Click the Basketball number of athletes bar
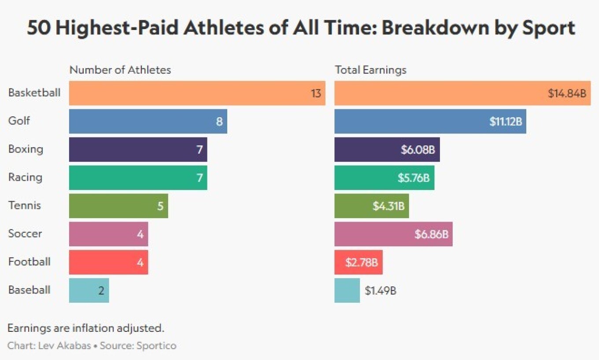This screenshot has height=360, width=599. pos(197,93)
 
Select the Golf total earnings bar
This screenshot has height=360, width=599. pos(430,121)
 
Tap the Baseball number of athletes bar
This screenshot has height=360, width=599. pos(89,290)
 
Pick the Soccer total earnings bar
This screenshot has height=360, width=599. pos(393,234)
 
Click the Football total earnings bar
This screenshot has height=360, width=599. pos(358,262)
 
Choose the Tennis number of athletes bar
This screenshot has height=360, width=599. pos(118,206)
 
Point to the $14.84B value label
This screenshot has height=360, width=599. pos(567,93)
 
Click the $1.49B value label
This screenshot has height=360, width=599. pos(381,291)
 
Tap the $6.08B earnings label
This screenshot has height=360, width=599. pos(418,150)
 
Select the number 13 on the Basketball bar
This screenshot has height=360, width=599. pos(316,93)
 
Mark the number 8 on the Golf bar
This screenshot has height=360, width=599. pos(219,122)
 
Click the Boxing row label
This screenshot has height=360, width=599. pos(26,149)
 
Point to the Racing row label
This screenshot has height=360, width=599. pos(25,178)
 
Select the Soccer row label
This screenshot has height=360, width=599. pos(25,234)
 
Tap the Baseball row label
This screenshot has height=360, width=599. pos(29,290)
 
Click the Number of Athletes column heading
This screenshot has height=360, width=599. pos(120,70)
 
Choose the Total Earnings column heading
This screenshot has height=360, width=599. pos(370,70)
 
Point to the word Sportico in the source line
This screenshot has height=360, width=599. pos(157,345)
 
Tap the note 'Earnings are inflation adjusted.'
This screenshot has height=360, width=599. pos(86,328)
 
